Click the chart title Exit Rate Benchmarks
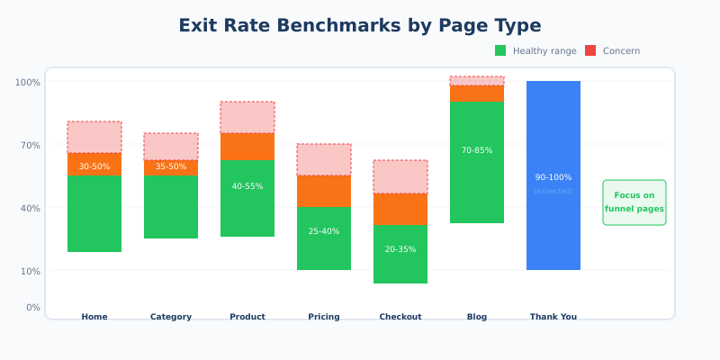[x=360, y=25]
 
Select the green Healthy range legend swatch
[x=500, y=50]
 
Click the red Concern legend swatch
[x=590, y=50]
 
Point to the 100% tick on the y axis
[x=27, y=82]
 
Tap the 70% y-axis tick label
[x=29, y=145]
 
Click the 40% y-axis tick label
[x=29, y=208]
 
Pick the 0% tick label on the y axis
[x=32, y=307]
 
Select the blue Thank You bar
[x=553, y=225]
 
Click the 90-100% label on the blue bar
[x=553, y=177]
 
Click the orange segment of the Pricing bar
[x=324, y=191]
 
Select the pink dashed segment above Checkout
[x=400, y=176]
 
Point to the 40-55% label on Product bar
[x=247, y=186]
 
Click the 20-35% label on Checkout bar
[x=400, y=249]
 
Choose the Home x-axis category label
[x=94, y=317]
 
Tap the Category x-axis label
[x=171, y=317]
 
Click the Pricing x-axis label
[x=324, y=317]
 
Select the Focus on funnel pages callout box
[x=634, y=202]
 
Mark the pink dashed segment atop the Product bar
[x=247, y=117]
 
